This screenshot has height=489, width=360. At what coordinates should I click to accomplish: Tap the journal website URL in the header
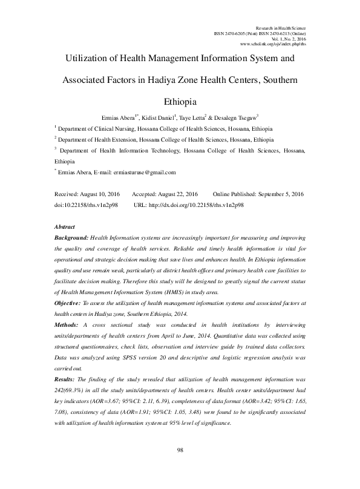pyautogui.click(x=273, y=45)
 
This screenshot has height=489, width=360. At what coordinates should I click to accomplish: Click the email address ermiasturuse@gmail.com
pyautogui.click(x=143, y=172)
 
